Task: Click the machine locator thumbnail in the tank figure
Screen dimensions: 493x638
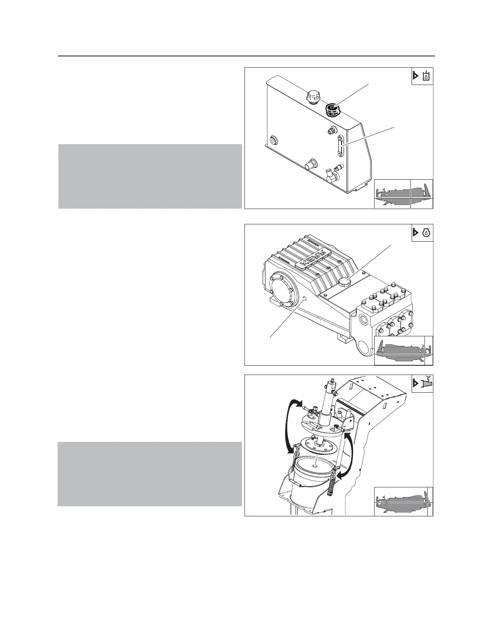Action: point(403,193)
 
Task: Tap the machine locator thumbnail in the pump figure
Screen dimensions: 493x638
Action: point(403,350)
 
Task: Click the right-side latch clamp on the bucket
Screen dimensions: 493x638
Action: point(333,483)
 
